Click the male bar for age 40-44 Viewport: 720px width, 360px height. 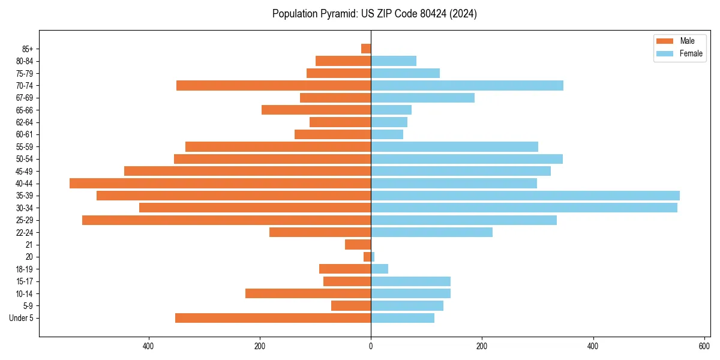[x=220, y=184]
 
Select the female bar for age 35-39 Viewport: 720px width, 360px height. [x=525, y=196]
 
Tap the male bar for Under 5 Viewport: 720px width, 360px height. [x=273, y=318]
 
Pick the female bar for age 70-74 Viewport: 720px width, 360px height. [x=467, y=86]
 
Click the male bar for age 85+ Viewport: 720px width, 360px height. [x=366, y=49]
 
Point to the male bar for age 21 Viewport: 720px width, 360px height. [x=358, y=245]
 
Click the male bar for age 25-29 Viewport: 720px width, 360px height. [x=226, y=220]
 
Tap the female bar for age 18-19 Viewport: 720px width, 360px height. [x=379, y=269]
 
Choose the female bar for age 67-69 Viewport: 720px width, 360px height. [x=422, y=98]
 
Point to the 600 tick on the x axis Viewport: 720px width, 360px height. [x=704, y=346]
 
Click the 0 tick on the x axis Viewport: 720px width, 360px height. [x=371, y=346]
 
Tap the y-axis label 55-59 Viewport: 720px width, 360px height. [x=25, y=147]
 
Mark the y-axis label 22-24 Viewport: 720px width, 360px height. [x=25, y=233]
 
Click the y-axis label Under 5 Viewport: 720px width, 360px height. [x=22, y=318]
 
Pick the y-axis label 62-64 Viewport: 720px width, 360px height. [x=25, y=122]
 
